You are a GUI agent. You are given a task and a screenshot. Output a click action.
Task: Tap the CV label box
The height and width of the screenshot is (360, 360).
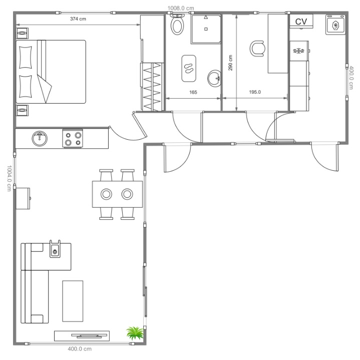301,22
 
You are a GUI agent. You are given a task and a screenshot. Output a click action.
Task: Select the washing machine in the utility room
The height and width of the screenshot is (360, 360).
335,25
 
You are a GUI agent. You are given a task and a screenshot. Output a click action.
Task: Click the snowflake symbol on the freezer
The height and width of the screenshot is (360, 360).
298,51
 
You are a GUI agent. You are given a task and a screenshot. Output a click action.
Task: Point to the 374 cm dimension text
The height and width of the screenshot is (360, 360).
78,19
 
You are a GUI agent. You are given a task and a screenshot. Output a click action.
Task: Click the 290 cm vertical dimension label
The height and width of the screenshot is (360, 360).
230,63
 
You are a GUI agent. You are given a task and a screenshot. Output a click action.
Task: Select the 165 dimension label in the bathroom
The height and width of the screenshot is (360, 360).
193,92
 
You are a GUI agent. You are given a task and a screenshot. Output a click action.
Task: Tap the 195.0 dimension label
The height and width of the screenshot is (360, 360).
255,92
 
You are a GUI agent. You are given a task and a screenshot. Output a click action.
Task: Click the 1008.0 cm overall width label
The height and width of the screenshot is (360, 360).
181,9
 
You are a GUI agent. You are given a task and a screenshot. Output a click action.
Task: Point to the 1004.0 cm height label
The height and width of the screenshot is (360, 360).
9,178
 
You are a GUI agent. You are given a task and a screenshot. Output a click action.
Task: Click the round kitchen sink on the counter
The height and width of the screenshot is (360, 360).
40,139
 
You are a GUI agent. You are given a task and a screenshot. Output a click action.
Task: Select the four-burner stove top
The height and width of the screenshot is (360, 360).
73,139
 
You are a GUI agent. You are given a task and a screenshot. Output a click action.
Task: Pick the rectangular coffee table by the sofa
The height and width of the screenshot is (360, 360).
73,301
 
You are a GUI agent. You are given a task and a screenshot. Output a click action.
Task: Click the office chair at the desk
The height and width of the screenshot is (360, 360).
257,48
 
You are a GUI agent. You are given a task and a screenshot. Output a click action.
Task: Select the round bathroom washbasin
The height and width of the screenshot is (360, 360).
214,79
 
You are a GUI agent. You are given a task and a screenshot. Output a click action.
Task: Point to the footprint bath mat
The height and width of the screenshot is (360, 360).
189,69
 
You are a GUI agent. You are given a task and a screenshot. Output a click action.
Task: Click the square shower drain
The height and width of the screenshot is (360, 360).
206,29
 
